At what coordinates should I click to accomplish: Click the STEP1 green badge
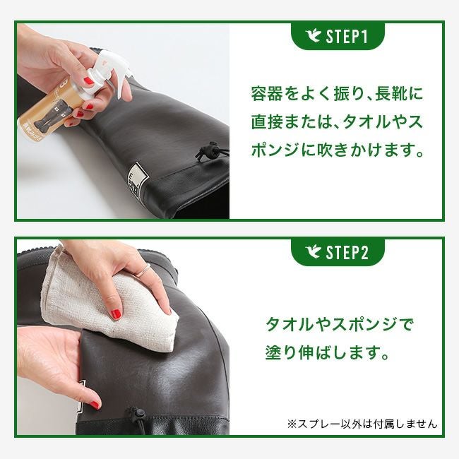point(338,36)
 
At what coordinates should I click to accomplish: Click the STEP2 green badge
point(338,252)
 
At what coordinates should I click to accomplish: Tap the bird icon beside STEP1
point(313,36)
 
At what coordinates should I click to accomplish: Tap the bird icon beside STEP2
point(313,252)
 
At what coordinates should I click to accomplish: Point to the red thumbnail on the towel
point(117,314)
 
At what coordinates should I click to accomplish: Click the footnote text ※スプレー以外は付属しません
point(362,424)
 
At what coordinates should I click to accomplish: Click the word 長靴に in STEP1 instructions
point(399,94)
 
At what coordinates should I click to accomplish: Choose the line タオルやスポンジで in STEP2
point(339,324)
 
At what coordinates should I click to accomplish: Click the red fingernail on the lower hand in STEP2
point(94,405)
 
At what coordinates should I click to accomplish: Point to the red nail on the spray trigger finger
point(90,81)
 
